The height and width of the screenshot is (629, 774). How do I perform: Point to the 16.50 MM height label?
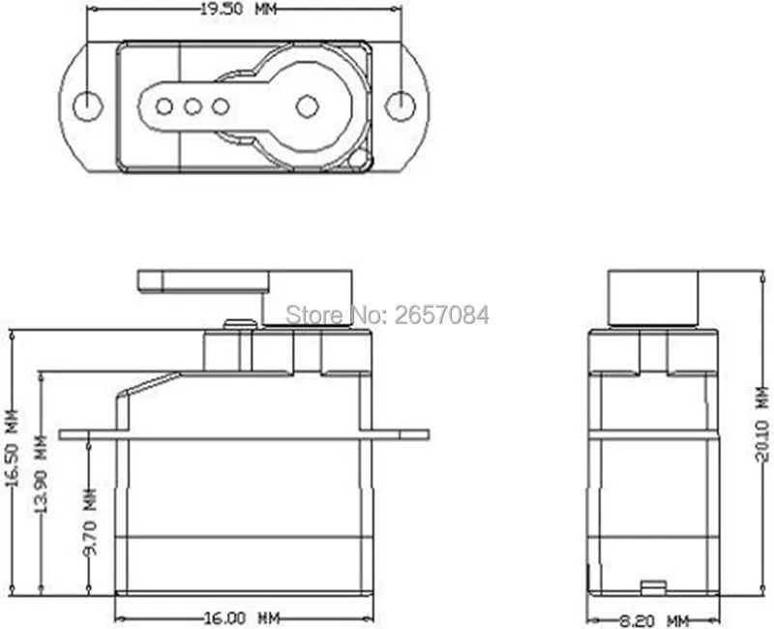coord(12,463)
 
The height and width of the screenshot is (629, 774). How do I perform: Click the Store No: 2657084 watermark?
coord(387,314)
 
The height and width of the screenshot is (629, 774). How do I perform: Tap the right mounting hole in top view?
coord(399,105)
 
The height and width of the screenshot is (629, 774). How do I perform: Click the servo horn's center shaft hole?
coord(308,105)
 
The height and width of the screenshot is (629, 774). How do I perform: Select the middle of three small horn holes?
coord(193,105)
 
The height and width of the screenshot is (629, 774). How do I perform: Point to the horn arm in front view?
coord(203,282)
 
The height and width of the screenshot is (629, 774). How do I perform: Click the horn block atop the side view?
coord(653,295)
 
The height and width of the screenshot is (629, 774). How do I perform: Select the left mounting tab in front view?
coord(87,434)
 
